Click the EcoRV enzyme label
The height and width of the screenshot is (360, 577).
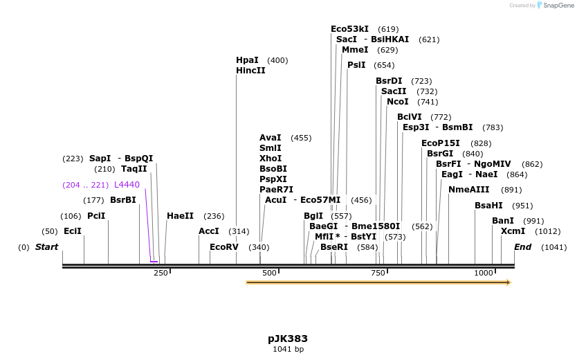tap(224, 247)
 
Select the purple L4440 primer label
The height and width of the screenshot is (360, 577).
tap(127, 185)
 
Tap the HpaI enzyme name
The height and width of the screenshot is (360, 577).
tap(247, 60)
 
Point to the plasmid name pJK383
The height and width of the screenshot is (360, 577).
tap(288, 339)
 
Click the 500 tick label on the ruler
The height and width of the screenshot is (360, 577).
tap(269, 273)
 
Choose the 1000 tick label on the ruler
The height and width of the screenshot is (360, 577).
tap(483, 273)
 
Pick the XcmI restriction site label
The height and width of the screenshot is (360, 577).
tap(513, 231)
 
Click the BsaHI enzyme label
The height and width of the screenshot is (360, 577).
tap(488, 206)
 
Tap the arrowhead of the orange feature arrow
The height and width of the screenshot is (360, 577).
tap(508, 282)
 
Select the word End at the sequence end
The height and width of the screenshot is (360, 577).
tap(523, 247)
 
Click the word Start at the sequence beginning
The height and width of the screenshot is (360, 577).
tap(47, 247)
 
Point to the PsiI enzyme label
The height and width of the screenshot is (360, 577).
tap(356, 65)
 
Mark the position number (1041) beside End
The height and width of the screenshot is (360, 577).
tap(553, 247)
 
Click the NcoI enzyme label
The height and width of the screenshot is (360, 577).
tap(398, 102)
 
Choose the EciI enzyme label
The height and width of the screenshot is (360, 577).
tap(72, 231)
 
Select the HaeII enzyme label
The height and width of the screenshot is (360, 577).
tap(180, 216)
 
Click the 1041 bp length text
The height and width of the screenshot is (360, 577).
tap(288, 349)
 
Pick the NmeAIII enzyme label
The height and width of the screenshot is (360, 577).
tap(468, 190)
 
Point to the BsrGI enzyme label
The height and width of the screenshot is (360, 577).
tap(440, 154)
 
